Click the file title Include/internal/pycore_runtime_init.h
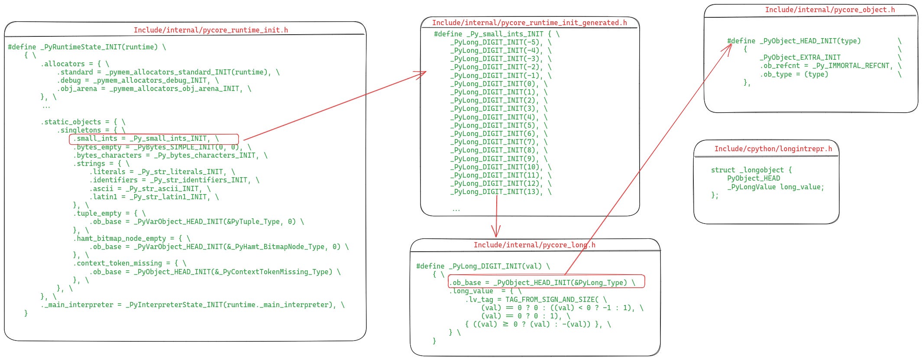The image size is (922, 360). [x=210, y=30]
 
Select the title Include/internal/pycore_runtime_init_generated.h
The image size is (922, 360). [x=529, y=23]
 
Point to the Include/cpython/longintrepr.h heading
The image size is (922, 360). [x=773, y=149]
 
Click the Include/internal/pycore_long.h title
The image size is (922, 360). [x=534, y=245]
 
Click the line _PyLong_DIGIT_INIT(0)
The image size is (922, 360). [x=494, y=84]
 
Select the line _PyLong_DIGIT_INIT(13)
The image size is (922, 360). [x=496, y=191]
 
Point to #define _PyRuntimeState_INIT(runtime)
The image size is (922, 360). [x=87, y=47]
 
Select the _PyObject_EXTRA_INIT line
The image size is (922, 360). [x=800, y=57]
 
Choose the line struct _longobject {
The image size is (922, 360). [x=751, y=170]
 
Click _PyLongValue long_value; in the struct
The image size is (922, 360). [x=775, y=187]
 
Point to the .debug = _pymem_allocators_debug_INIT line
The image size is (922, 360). [x=138, y=80]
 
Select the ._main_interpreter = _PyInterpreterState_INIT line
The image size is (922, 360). [x=193, y=305]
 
